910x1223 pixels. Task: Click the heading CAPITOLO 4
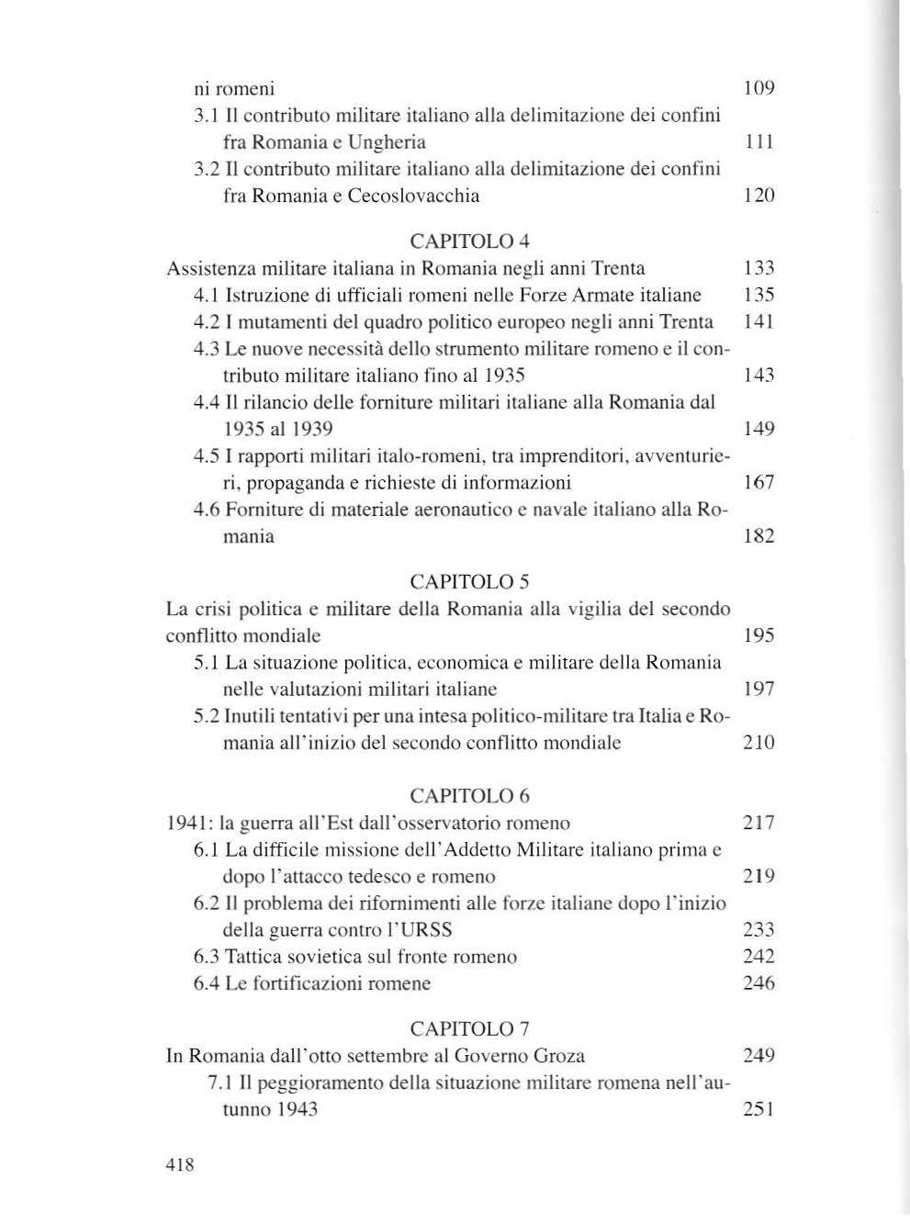[469, 241]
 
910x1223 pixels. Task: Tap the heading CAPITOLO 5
[469, 582]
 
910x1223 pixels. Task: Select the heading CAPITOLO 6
[469, 796]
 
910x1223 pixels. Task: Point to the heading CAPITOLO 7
[469, 1028]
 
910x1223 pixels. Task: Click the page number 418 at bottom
[180, 1165]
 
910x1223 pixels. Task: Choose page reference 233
[758, 929]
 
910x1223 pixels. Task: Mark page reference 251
[758, 1109]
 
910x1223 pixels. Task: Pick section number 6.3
[207, 957]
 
